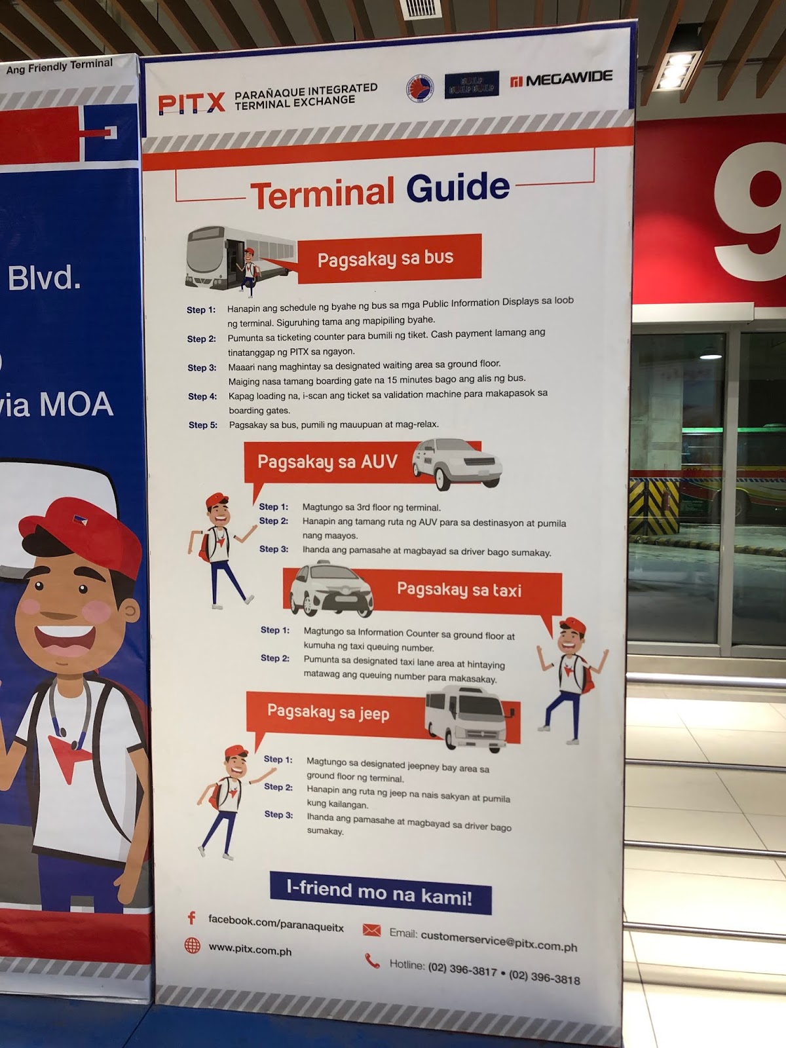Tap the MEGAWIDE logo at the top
(x=561, y=79)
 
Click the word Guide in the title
(x=457, y=189)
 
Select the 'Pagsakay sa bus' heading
(x=386, y=258)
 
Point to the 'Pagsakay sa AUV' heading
(x=327, y=462)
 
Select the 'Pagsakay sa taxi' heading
(x=459, y=590)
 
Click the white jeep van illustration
(x=466, y=718)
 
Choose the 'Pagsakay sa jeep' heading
(x=328, y=712)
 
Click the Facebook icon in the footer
(x=192, y=918)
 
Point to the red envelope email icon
(x=371, y=930)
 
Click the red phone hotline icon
(x=372, y=961)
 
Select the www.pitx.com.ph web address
(x=250, y=949)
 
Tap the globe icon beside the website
(x=192, y=945)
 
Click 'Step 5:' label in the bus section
(x=203, y=425)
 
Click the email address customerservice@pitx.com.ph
(x=498, y=941)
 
